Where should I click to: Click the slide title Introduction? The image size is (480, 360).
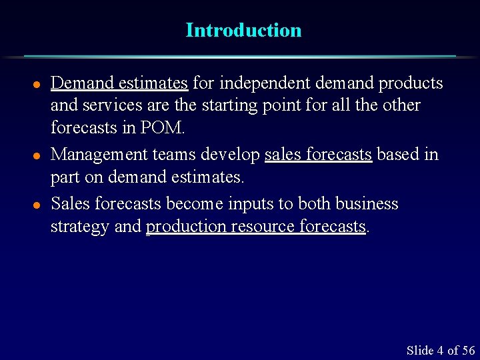point(243,30)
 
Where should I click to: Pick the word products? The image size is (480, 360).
point(411,83)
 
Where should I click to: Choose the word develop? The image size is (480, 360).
point(230,155)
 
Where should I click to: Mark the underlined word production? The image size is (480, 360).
point(186,227)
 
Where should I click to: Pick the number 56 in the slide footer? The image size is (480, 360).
point(468,351)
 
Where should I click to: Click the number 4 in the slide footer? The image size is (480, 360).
point(440,351)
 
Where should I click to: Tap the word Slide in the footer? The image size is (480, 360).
point(420,351)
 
